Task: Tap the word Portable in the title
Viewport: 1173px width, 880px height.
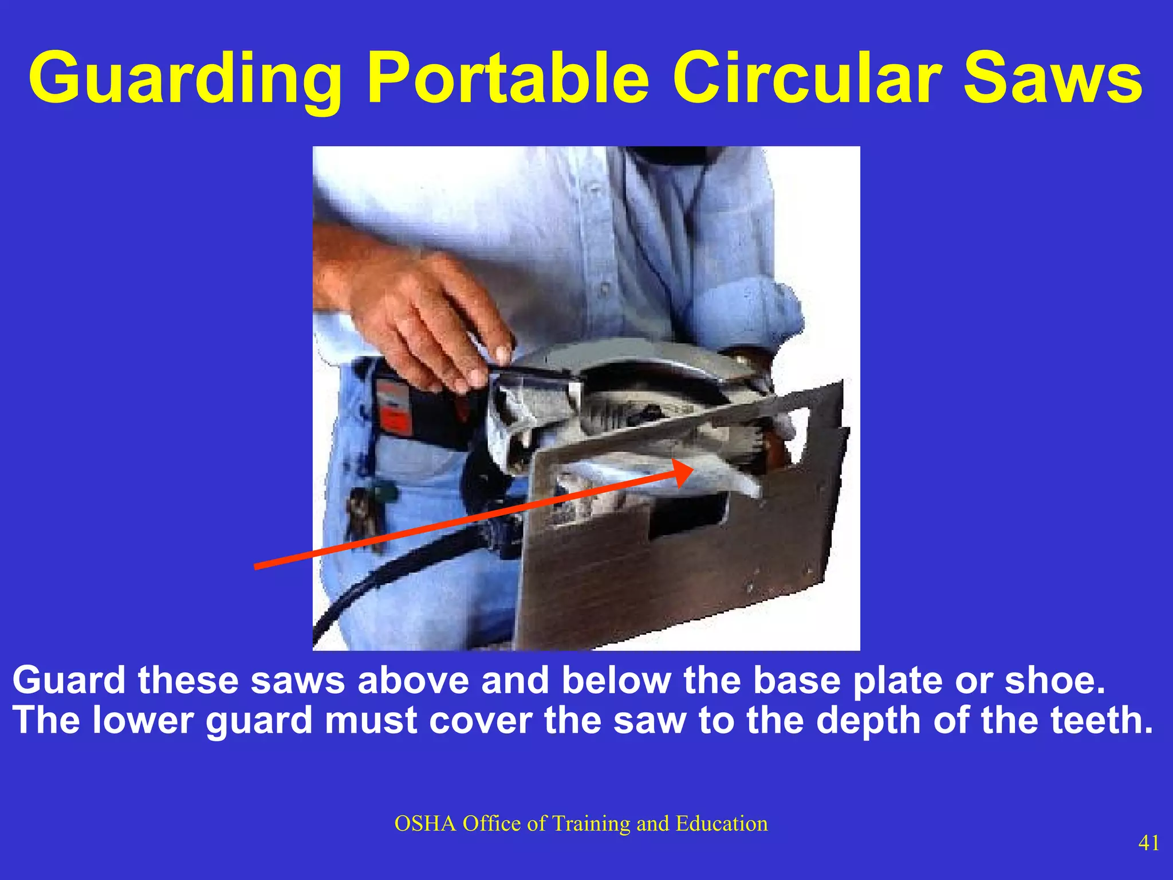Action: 507,78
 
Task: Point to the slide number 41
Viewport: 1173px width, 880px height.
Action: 1149,843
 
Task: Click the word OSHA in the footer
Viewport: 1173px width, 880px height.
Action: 425,824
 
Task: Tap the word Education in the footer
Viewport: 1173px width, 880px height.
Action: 722,824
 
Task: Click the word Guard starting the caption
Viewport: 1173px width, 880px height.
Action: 69,681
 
